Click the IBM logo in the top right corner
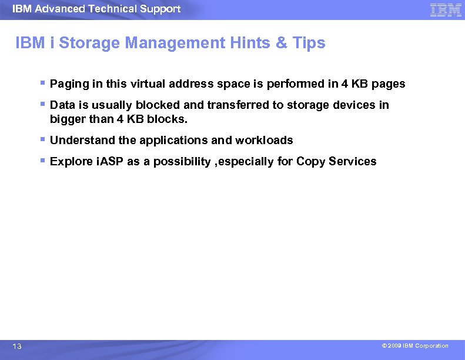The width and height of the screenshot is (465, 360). [x=446, y=9]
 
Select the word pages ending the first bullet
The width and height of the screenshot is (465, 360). [x=388, y=84]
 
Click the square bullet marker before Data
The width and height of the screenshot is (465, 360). [x=44, y=105]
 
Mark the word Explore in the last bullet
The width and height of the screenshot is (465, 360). [x=71, y=162]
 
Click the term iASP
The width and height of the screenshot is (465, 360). [x=109, y=162]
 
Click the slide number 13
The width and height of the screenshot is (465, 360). [x=17, y=347]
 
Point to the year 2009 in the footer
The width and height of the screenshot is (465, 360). [x=394, y=346]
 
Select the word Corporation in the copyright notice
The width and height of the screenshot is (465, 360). [x=431, y=346]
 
